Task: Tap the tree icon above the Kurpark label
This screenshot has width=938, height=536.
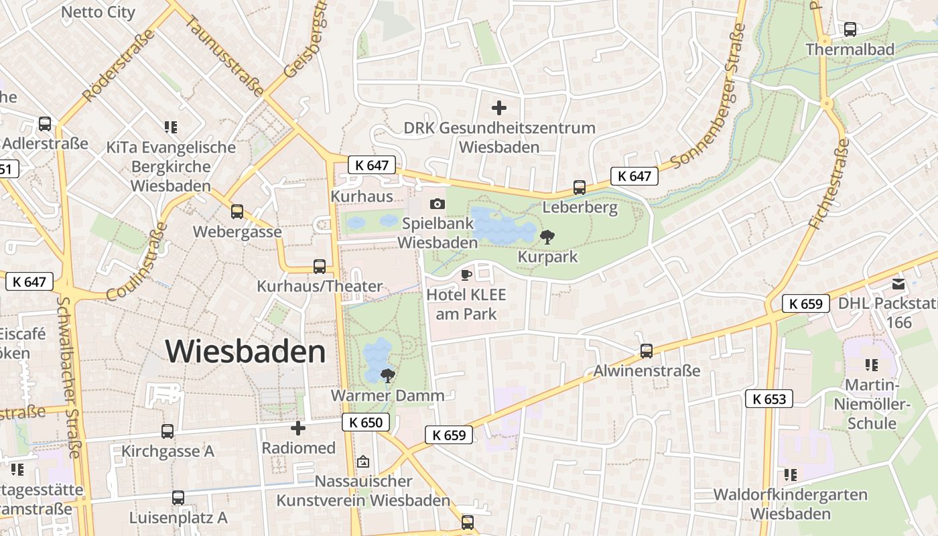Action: click(x=547, y=236)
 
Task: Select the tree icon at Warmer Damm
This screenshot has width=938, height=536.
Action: click(x=387, y=375)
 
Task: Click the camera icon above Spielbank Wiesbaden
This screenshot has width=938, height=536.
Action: click(x=438, y=204)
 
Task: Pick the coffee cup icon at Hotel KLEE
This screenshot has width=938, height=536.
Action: click(x=466, y=275)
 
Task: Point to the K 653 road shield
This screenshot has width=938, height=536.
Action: click(x=769, y=399)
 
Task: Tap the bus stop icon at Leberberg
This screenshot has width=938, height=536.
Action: click(x=580, y=188)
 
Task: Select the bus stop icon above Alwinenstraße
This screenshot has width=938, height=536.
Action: click(x=647, y=350)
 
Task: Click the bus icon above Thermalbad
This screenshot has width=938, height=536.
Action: click(x=850, y=29)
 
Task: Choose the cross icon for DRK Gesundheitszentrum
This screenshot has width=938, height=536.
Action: click(x=499, y=107)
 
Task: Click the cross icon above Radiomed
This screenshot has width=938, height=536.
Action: click(x=298, y=427)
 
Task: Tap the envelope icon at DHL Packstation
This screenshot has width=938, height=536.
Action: click(x=898, y=284)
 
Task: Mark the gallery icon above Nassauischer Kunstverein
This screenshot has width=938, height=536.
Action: click(x=363, y=461)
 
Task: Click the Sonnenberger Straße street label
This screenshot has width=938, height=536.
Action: click(x=708, y=97)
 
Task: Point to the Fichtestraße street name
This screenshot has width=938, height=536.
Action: click(x=829, y=184)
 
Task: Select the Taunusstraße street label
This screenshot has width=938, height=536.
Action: click(x=224, y=56)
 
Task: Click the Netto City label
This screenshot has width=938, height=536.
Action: click(x=98, y=12)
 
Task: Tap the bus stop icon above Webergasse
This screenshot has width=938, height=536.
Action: click(x=237, y=212)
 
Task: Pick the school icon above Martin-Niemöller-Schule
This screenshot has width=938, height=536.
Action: click(x=871, y=365)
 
